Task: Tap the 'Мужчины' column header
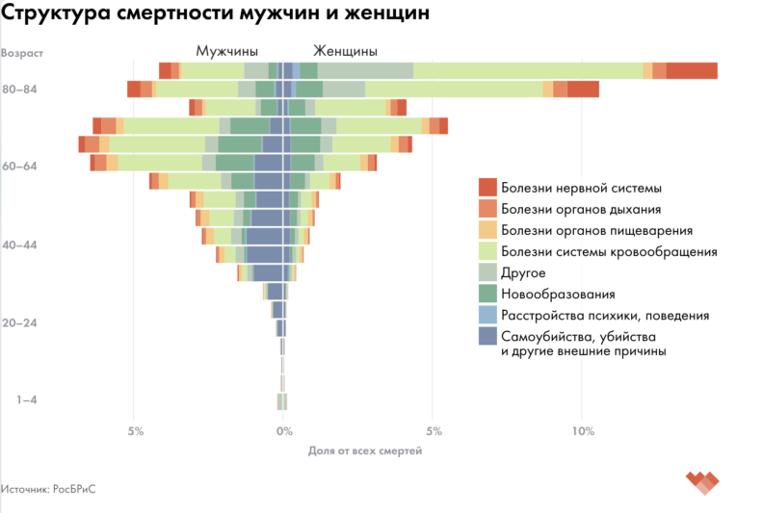click(x=226, y=51)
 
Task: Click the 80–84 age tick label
click(x=19, y=90)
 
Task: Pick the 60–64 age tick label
click(x=19, y=167)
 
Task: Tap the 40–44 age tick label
click(x=19, y=244)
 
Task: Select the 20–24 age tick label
click(x=19, y=322)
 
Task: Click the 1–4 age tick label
click(x=23, y=399)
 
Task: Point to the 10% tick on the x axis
click(x=581, y=430)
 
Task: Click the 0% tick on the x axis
click(x=283, y=430)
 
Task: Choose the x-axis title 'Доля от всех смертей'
click(x=364, y=450)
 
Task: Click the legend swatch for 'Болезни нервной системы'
click(x=487, y=187)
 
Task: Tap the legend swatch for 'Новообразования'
click(x=487, y=294)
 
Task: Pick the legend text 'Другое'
click(x=523, y=272)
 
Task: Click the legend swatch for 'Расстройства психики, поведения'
click(x=487, y=315)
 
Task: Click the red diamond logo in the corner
click(x=703, y=480)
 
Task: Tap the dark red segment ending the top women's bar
click(x=691, y=70)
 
